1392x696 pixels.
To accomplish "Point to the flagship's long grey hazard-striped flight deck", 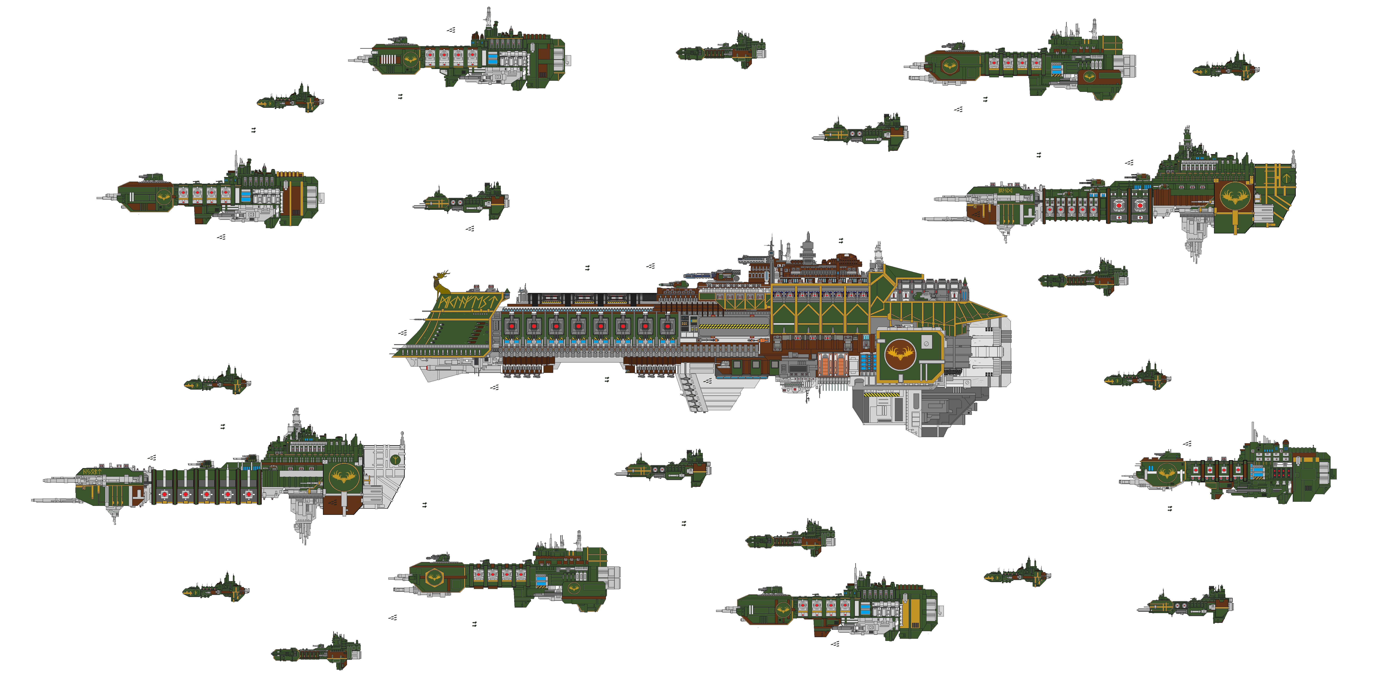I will [733, 326].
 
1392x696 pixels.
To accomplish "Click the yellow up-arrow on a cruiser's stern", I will [1286, 177].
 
